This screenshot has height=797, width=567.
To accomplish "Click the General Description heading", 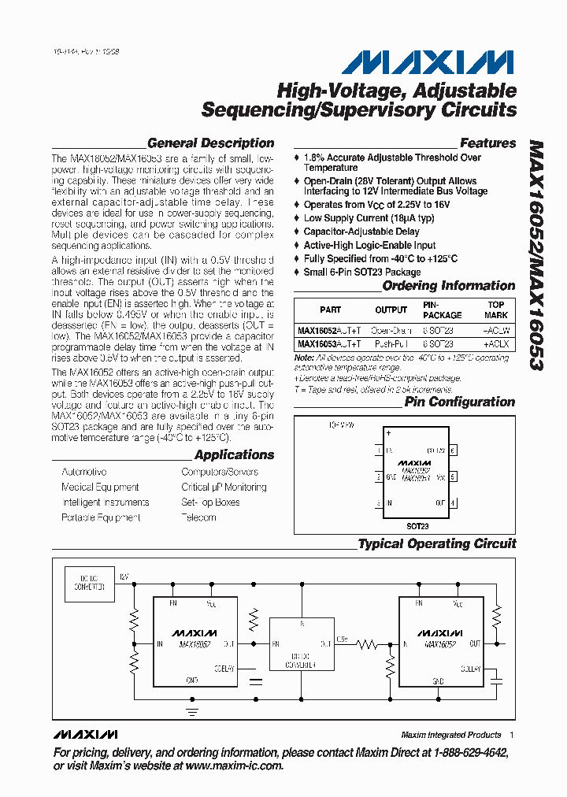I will coord(210,143).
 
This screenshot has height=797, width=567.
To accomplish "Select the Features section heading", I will coord(487,143).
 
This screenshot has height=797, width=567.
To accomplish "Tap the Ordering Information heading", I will coord(448,286).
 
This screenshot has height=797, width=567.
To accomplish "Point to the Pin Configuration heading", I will coord(460,402).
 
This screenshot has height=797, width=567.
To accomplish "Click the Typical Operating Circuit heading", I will coord(437,543).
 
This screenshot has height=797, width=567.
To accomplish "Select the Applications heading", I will coord(234,455).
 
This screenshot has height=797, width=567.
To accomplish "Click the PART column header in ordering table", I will coord(331,310).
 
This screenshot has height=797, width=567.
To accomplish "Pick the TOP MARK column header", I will coord(496,310).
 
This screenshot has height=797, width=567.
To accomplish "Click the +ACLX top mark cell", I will coord(496,344).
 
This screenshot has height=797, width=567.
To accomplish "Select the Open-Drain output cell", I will coord(391,331).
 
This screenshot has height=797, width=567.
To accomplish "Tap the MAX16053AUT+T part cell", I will coord(330,344).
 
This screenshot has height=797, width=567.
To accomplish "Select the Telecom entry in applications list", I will coord(198,517).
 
